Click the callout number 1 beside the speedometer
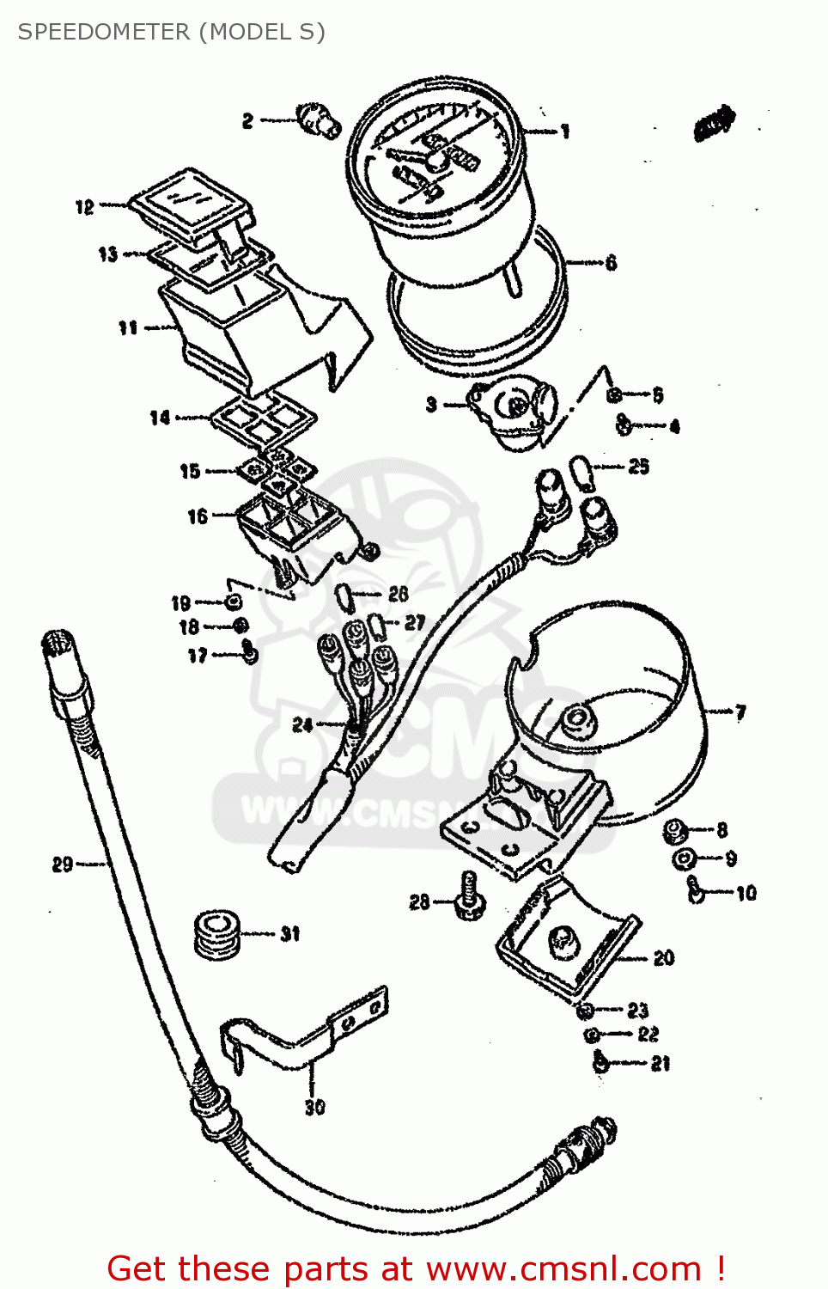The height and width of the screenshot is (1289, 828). point(564,131)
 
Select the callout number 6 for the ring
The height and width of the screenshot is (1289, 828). point(611,263)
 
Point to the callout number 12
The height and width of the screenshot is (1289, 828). point(84,207)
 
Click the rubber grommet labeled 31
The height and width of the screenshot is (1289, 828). point(216,934)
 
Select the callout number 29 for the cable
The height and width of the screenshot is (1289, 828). point(63,864)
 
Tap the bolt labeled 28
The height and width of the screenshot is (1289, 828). point(469,896)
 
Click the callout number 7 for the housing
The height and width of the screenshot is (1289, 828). point(740,712)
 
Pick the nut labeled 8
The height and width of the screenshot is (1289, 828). point(675,830)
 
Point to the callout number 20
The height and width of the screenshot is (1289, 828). point(664,958)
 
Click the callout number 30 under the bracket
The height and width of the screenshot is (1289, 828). point(315,1108)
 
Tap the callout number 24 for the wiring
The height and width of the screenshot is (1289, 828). point(302,724)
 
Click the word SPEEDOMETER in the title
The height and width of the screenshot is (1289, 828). point(103,32)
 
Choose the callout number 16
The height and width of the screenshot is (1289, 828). point(198,516)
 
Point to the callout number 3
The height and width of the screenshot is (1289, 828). point(431,405)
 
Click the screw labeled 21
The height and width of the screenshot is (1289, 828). point(601,1063)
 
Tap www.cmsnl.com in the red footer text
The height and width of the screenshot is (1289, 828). point(563,1268)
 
